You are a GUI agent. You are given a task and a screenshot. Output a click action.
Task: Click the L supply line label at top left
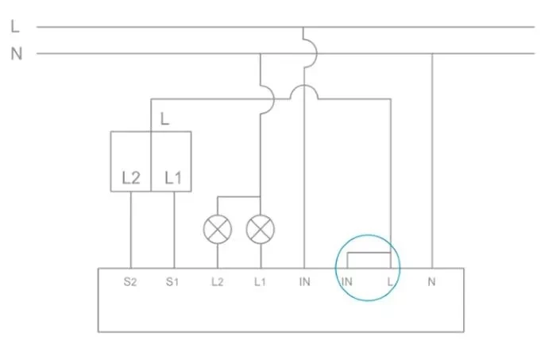pyautogui.click(x=15, y=26)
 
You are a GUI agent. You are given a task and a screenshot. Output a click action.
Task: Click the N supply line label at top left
pyautogui.click(x=16, y=54)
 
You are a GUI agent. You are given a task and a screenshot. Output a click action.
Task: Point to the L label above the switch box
pyautogui.click(x=164, y=120)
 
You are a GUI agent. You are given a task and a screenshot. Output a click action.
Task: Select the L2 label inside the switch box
pyautogui.click(x=131, y=178)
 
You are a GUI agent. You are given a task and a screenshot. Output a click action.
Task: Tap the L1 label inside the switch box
pyautogui.click(x=173, y=178)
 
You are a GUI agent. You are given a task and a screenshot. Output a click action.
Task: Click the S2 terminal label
pyautogui.click(x=130, y=282)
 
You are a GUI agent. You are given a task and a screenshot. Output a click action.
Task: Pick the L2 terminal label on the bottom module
pyautogui.click(x=217, y=282)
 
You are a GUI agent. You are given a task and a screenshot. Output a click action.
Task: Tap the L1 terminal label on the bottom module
pyautogui.click(x=260, y=282)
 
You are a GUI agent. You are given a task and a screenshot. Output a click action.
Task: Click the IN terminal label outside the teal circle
pyautogui.click(x=303, y=282)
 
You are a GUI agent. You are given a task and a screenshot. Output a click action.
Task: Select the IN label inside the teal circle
pyautogui.click(x=346, y=282)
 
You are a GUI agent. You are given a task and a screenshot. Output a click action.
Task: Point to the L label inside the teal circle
pyautogui.click(x=389, y=282)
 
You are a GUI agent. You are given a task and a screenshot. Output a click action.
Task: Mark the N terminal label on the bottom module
pyautogui.click(x=432, y=282)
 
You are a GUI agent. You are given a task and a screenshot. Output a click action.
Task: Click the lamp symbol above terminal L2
pyautogui.click(x=217, y=230)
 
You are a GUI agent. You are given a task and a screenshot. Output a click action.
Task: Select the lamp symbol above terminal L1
pyautogui.click(x=260, y=230)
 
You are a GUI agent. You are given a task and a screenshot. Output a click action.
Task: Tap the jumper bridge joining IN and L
pyautogui.click(x=368, y=253)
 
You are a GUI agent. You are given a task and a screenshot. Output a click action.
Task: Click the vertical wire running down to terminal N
pyautogui.click(x=432, y=159)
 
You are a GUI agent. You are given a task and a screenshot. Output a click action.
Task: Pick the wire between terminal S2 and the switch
pyautogui.click(x=130, y=230)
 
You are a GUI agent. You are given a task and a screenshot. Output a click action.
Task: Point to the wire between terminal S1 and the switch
pyautogui.click(x=173, y=230)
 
